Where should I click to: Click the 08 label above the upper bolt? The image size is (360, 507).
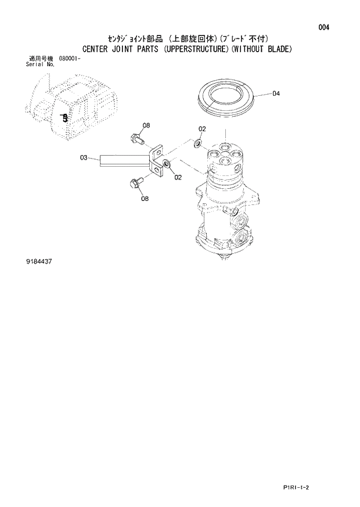click(146, 125)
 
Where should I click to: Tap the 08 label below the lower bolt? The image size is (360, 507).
click(144, 199)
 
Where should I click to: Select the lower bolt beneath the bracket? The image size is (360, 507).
click(135, 183)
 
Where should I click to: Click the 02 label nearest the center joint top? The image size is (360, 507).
click(202, 128)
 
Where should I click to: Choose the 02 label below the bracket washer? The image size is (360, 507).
click(177, 177)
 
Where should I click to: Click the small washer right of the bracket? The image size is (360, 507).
click(167, 164)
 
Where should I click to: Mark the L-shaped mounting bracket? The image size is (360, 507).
click(155, 160)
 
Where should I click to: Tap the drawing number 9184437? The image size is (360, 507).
click(39, 262)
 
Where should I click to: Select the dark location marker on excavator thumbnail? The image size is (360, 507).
click(64, 117)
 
